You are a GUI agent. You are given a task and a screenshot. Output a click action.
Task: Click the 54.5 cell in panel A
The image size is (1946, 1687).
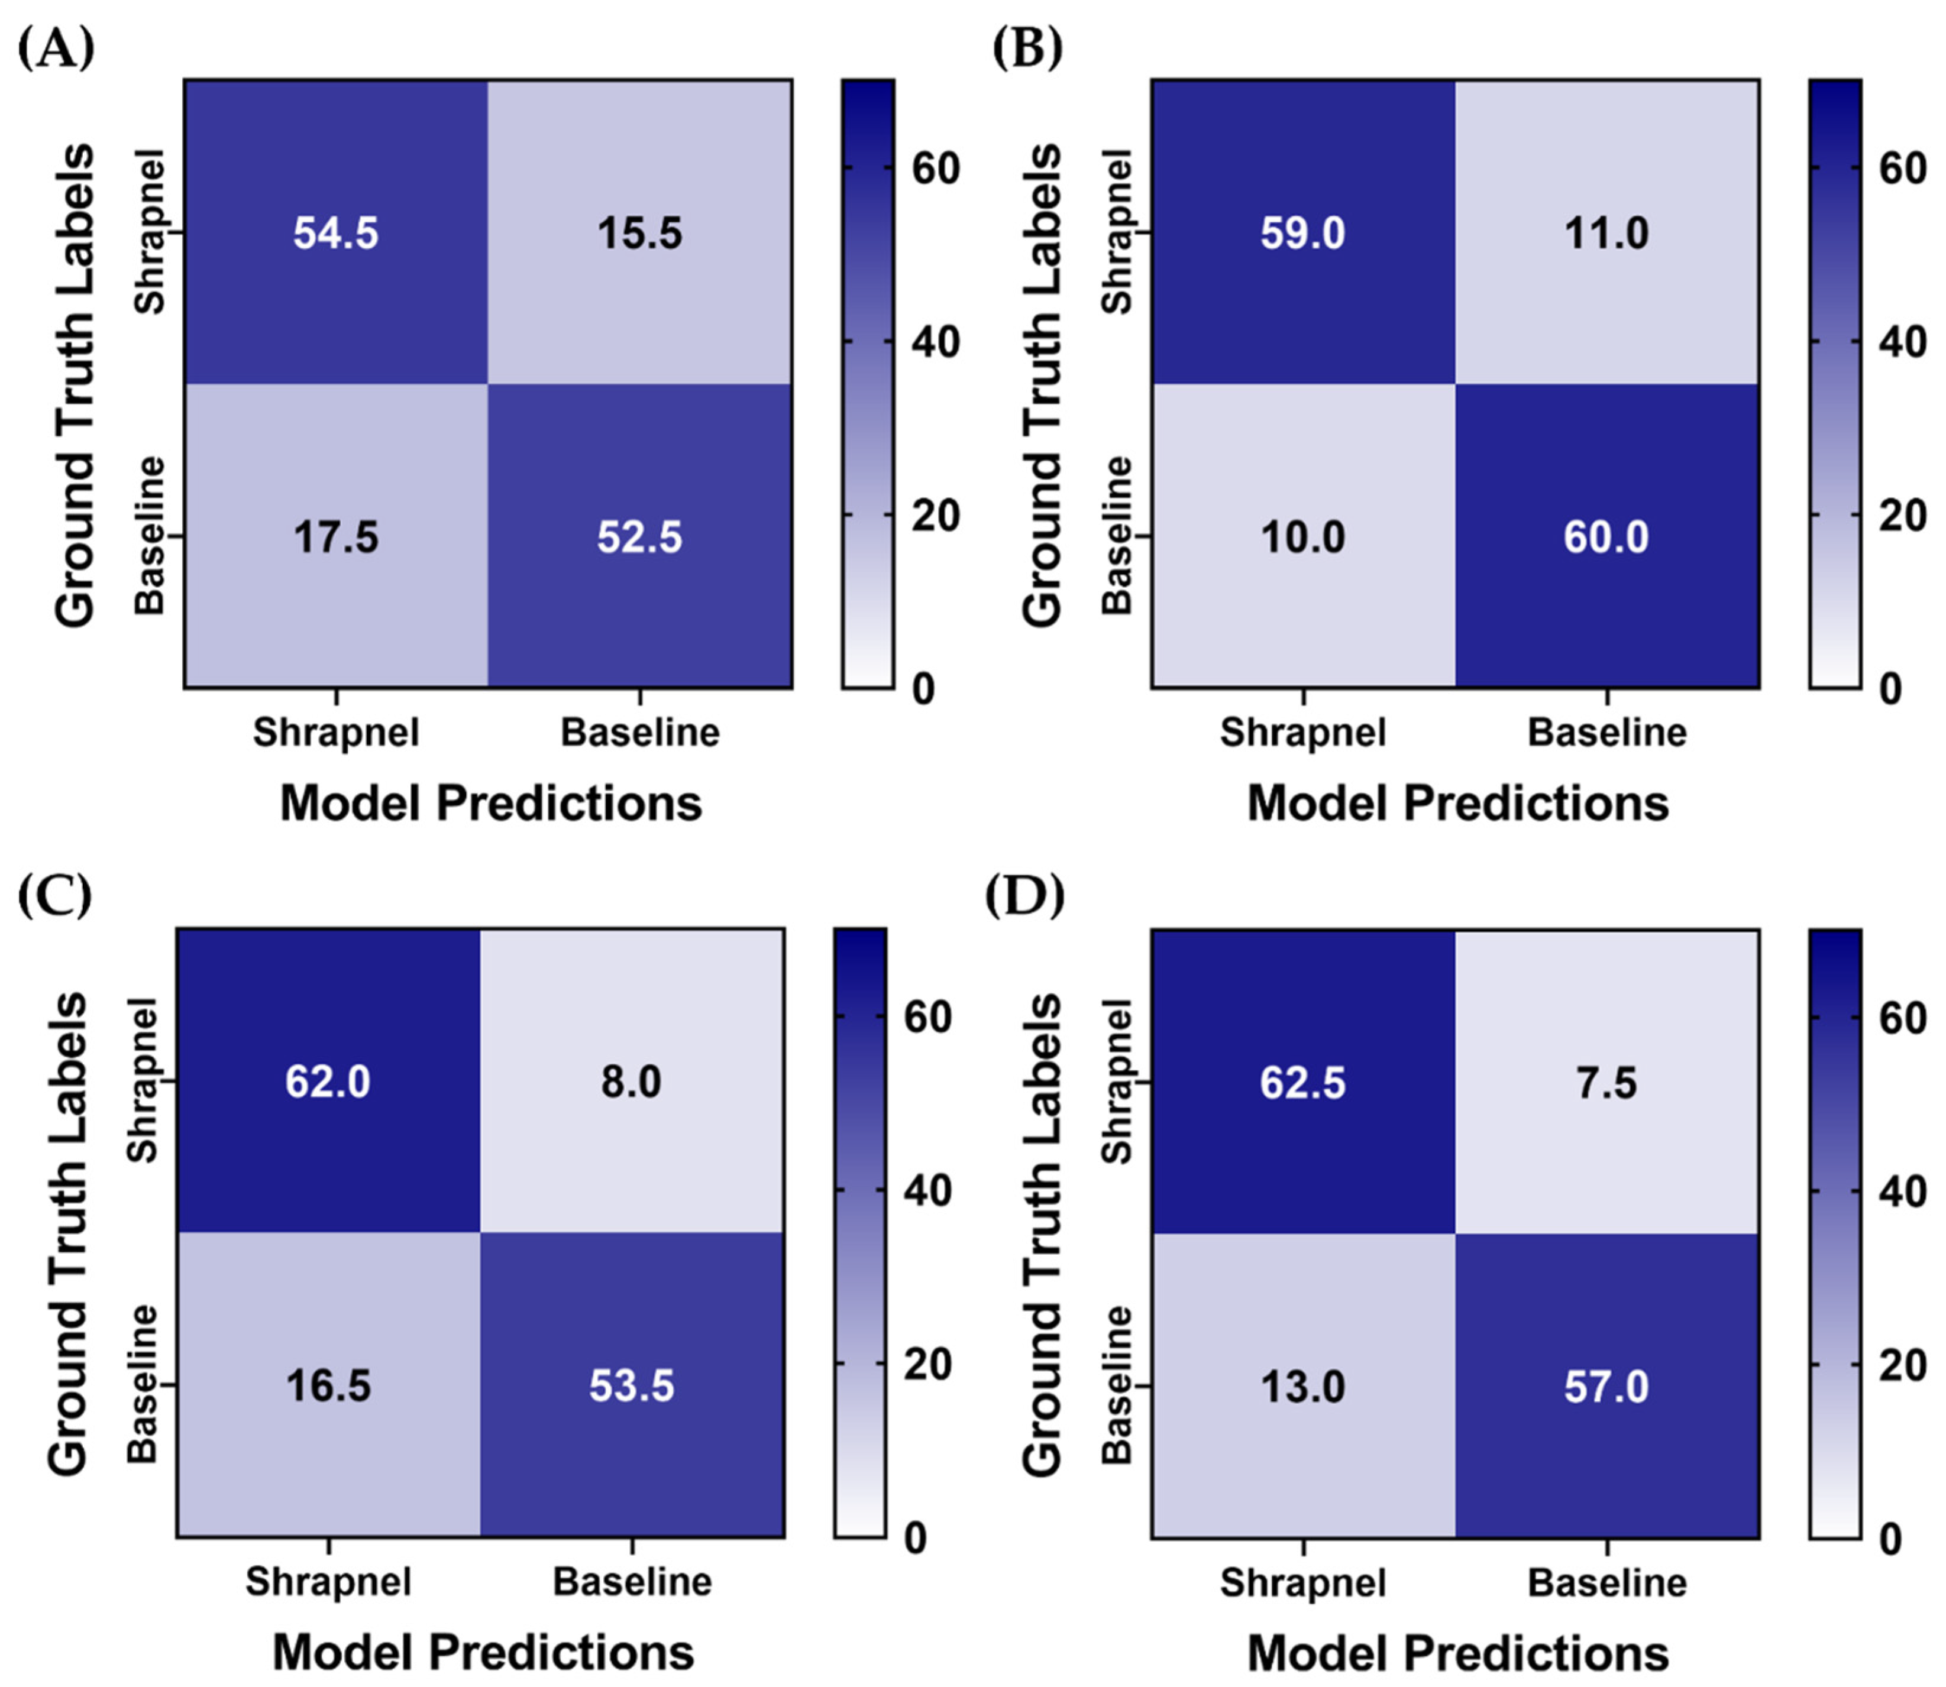pyautogui.click(x=335, y=232)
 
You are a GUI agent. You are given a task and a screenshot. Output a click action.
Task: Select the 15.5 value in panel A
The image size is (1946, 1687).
pyautogui.click(x=639, y=232)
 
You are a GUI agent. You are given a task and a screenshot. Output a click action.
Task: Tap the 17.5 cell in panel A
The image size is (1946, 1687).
pyautogui.click(x=335, y=536)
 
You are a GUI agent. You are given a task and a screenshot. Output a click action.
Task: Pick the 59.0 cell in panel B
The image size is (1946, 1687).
pyautogui.click(x=1303, y=232)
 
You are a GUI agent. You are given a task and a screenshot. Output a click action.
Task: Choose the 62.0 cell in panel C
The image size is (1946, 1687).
pyautogui.click(x=328, y=1081)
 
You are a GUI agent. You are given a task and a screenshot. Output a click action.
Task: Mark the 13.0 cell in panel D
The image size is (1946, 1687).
pyautogui.click(x=1303, y=1387)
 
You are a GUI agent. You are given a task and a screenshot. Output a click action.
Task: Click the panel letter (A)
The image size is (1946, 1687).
pyautogui.click(x=57, y=49)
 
